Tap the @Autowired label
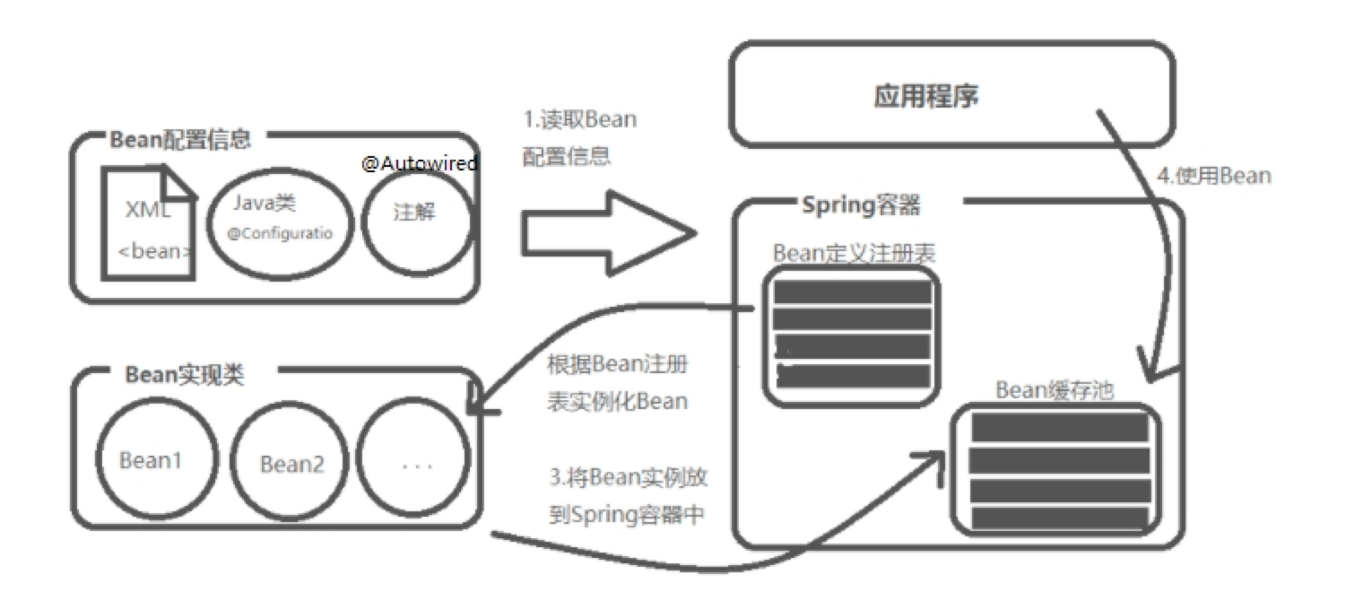point(420,164)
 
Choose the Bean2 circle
point(291,464)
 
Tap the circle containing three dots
point(415,463)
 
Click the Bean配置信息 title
point(179,140)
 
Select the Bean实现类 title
point(184,374)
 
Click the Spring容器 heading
point(860,205)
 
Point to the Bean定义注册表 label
point(854,254)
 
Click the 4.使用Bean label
point(1214,176)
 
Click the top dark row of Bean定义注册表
point(852,292)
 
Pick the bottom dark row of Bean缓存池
point(1060,518)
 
